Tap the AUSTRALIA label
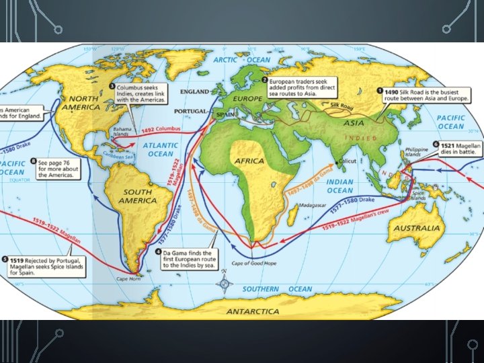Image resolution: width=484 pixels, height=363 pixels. pyautogui.click(x=417, y=229)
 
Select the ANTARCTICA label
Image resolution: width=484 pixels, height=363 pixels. pyautogui.click(x=253, y=311)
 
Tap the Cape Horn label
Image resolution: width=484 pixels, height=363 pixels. pyautogui.click(x=130, y=278)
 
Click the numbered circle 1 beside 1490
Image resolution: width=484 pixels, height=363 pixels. pyautogui.click(x=380, y=91)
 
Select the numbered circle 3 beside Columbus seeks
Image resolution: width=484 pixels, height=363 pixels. pyautogui.click(x=111, y=87)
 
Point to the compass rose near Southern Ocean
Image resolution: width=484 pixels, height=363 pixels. pyautogui.click(x=223, y=286)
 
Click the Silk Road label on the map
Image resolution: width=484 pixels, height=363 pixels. pyautogui.click(x=341, y=106)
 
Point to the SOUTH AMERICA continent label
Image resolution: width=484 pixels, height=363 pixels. pyautogui.click(x=138, y=196)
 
